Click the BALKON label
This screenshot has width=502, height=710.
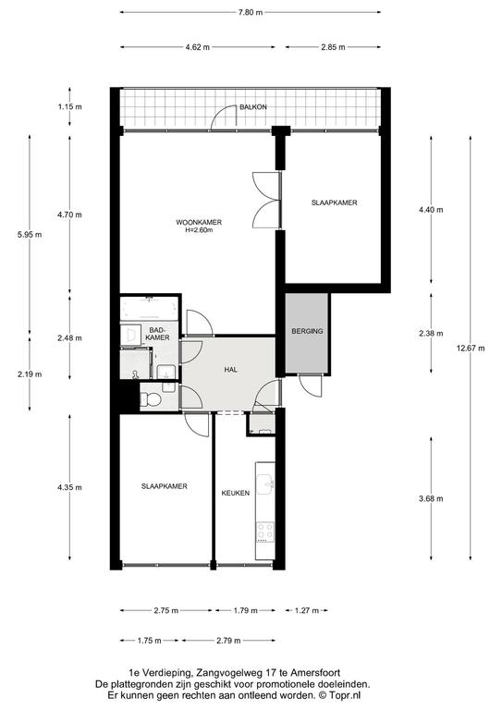click(253, 107)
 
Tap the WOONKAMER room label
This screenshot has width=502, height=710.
click(199, 222)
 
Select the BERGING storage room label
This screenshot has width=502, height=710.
click(307, 331)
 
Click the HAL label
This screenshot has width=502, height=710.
click(231, 370)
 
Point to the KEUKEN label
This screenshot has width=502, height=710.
click(236, 493)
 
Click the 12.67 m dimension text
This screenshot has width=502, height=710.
click(471, 349)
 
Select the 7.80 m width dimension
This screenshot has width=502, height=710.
click(251, 13)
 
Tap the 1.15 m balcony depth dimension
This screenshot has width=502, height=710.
click(69, 107)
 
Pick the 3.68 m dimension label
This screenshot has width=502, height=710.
click(431, 498)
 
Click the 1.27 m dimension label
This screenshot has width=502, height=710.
click(307, 610)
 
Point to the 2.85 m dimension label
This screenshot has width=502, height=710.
click(333, 46)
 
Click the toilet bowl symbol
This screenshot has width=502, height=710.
click(151, 399)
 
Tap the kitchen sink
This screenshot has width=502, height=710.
click(265, 484)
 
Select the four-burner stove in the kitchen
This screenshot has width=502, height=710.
click(265, 532)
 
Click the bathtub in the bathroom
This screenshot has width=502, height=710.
click(149, 309)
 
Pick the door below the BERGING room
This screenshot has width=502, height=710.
click(310, 386)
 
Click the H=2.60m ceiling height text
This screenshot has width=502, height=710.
click(199, 229)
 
